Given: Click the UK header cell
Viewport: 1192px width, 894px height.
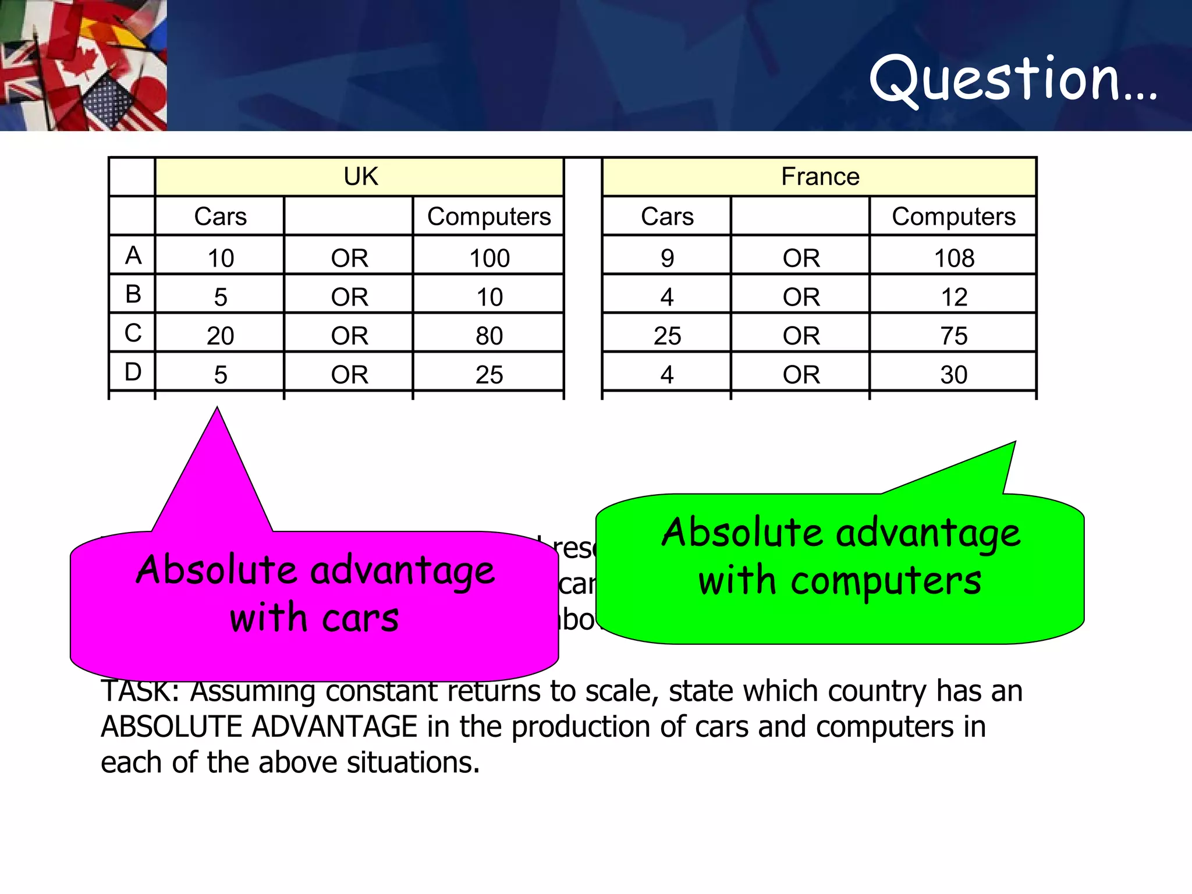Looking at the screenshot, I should [x=360, y=176].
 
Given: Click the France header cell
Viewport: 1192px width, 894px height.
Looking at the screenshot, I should [x=819, y=176].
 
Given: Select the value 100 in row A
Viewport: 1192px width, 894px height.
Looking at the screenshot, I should [x=489, y=258].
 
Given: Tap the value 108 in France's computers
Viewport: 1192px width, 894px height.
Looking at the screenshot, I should [x=953, y=258].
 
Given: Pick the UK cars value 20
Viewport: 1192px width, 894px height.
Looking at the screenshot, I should [x=220, y=336].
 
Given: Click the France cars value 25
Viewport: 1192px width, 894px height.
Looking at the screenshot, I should [x=667, y=336].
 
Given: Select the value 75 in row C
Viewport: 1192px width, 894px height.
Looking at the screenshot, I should [x=953, y=336].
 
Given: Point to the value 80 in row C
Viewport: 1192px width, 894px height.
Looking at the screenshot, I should [x=489, y=336].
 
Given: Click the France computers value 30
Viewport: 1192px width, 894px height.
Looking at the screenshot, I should [x=953, y=375].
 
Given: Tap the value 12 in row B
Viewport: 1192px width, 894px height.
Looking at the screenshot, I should [x=953, y=297].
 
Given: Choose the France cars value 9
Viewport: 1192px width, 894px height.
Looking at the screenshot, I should [x=667, y=258].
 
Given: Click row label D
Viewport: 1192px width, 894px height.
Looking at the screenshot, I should [x=133, y=372].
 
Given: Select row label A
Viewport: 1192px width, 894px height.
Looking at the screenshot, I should [x=133, y=255].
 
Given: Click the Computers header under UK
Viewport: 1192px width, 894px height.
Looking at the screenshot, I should [x=489, y=217].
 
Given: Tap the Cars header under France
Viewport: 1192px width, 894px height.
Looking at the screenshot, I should [x=667, y=217].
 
